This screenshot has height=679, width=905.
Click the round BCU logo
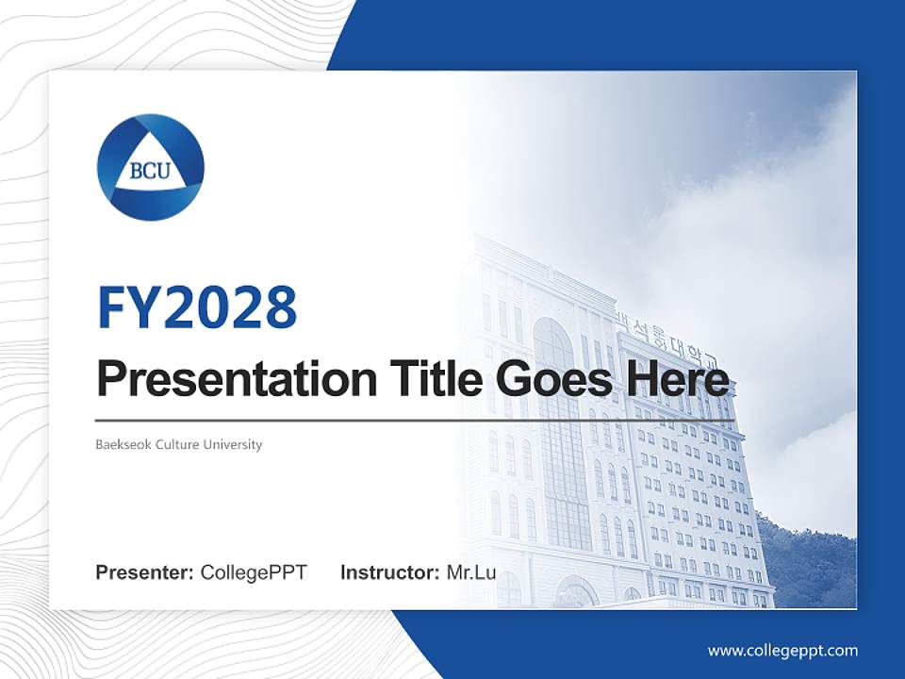[151, 168]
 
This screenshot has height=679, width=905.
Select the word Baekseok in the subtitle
[120, 444]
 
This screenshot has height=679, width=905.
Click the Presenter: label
[145, 572]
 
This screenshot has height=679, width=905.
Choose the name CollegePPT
[254, 572]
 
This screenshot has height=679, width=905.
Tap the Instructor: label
[389, 572]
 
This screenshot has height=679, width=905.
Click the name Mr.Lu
[471, 572]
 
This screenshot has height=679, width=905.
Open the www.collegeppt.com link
[782, 651]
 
